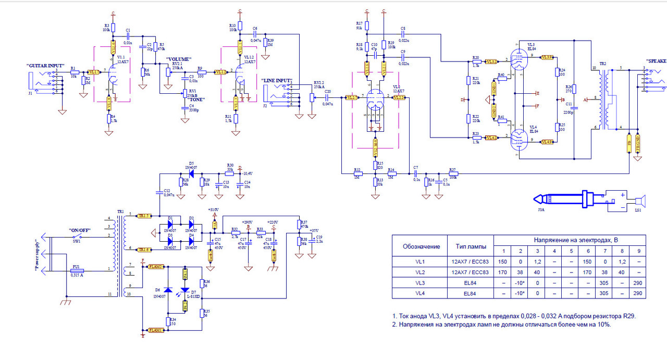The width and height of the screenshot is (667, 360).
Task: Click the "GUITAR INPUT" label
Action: tap(47, 67)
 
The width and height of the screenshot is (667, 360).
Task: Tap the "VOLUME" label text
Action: tap(179, 59)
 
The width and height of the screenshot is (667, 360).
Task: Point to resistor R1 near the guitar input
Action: tap(75, 72)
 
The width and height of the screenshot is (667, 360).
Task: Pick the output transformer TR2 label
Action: tap(603, 64)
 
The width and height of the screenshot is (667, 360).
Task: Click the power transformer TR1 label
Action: tap(120, 212)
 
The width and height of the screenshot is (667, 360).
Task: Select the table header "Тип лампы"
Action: tap(472, 246)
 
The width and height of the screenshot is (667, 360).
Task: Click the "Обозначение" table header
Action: tap(421, 246)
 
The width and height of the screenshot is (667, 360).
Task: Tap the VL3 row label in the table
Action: tap(421, 283)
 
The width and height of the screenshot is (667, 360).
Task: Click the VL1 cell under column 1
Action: tap(503, 262)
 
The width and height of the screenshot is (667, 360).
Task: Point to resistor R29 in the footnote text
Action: tap(629, 316)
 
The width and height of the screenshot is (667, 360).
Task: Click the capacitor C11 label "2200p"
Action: tap(568, 112)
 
